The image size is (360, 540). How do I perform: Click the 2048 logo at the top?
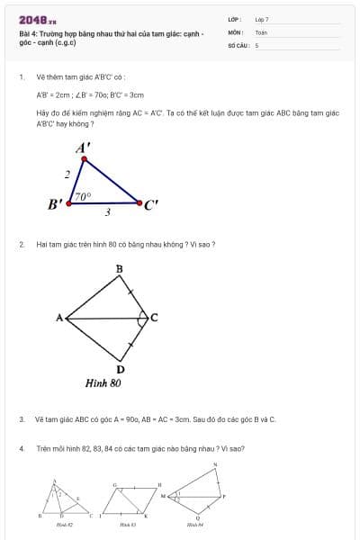click(37, 19)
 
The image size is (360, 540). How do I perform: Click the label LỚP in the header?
click(235, 19)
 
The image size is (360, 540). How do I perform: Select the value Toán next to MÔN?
click(261, 31)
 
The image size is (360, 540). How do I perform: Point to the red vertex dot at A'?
click(85, 159)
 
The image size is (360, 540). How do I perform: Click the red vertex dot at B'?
click(70, 203)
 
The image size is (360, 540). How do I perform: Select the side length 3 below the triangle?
click(108, 212)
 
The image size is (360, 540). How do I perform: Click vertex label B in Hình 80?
click(120, 269)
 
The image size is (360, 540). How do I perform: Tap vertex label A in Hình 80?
click(59, 318)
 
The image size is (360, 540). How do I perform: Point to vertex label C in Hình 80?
click(154, 318)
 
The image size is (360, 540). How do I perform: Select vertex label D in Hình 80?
click(121, 369)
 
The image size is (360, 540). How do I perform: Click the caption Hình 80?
click(103, 382)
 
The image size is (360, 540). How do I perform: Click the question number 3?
click(21, 419)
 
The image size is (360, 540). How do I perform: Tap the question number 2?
click(21, 244)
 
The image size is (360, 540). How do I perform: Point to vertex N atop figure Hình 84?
click(215, 464)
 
